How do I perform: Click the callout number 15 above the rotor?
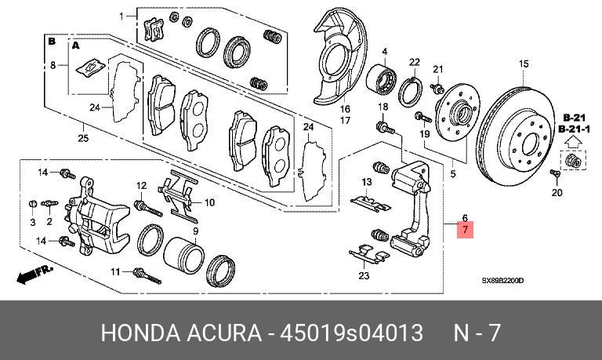point(524,64)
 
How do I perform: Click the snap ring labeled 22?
point(412,91)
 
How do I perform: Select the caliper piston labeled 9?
point(185,254)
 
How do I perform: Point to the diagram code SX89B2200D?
point(502,280)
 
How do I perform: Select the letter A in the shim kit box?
point(77,47)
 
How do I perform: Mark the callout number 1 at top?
point(121,16)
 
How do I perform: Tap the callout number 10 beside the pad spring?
point(209,202)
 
